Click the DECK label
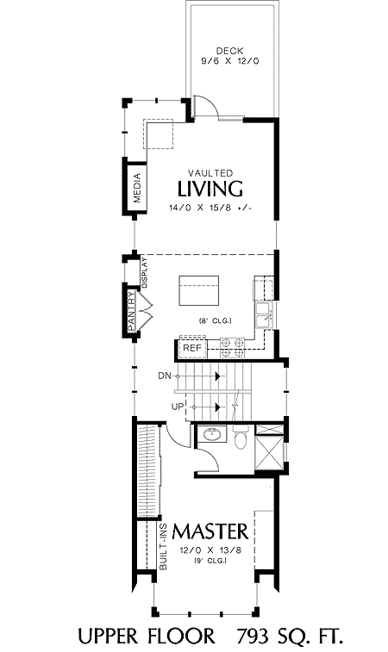(230, 51)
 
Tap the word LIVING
(210, 189)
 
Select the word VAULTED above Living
(210, 172)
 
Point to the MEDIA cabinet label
(137, 188)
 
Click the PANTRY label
(131, 310)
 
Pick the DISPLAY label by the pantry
(145, 273)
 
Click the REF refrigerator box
(192, 349)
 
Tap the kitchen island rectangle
(199, 290)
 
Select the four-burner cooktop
(232, 348)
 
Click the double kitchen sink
(265, 315)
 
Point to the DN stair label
(165, 376)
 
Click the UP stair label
(178, 407)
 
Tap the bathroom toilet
(241, 437)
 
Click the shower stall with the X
(269, 450)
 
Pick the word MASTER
(210, 531)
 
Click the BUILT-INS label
(163, 546)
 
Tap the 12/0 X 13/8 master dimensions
(210, 550)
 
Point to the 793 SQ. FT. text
(291, 636)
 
